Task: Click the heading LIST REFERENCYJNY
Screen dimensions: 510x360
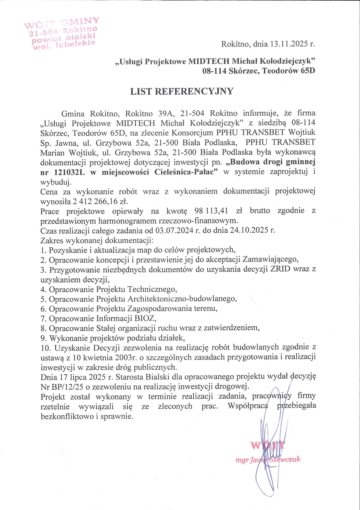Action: point(182,92)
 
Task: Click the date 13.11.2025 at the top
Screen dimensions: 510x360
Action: point(289,44)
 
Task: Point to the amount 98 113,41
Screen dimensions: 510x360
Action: point(211,211)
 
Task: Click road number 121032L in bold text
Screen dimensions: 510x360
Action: point(70,172)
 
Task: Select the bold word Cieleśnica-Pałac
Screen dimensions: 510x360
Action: point(186,172)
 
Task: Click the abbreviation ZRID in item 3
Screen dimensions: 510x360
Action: point(280,269)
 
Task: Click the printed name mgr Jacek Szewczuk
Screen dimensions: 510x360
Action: point(268,460)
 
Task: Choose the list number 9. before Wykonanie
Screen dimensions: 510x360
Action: point(44,338)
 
